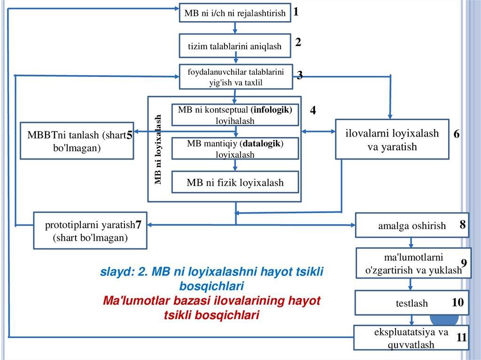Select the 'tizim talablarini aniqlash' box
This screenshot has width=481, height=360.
(x=234, y=46)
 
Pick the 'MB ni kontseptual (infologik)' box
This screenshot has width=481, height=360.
(x=235, y=115)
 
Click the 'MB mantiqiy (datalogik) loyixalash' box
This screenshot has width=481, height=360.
(x=235, y=149)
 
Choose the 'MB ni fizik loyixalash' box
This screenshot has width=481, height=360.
(x=235, y=183)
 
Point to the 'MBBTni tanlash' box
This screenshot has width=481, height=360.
(x=77, y=141)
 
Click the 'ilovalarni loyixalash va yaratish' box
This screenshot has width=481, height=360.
(x=392, y=140)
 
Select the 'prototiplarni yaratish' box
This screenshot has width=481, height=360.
(x=89, y=231)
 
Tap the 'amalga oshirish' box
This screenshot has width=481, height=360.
(x=412, y=226)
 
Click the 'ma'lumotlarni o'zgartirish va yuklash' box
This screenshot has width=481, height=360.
(x=413, y=263)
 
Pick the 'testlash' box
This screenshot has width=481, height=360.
(x=412, y=303)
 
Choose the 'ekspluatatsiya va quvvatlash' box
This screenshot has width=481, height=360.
(x=411, y=338)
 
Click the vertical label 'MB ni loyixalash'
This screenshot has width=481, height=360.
(x=159, y=149)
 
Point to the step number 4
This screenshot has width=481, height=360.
(x=313, y=111)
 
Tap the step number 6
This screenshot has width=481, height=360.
(x=456, y=134)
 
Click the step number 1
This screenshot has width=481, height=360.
(x=296, y=12)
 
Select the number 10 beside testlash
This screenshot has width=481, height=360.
(x=458, y=303)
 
